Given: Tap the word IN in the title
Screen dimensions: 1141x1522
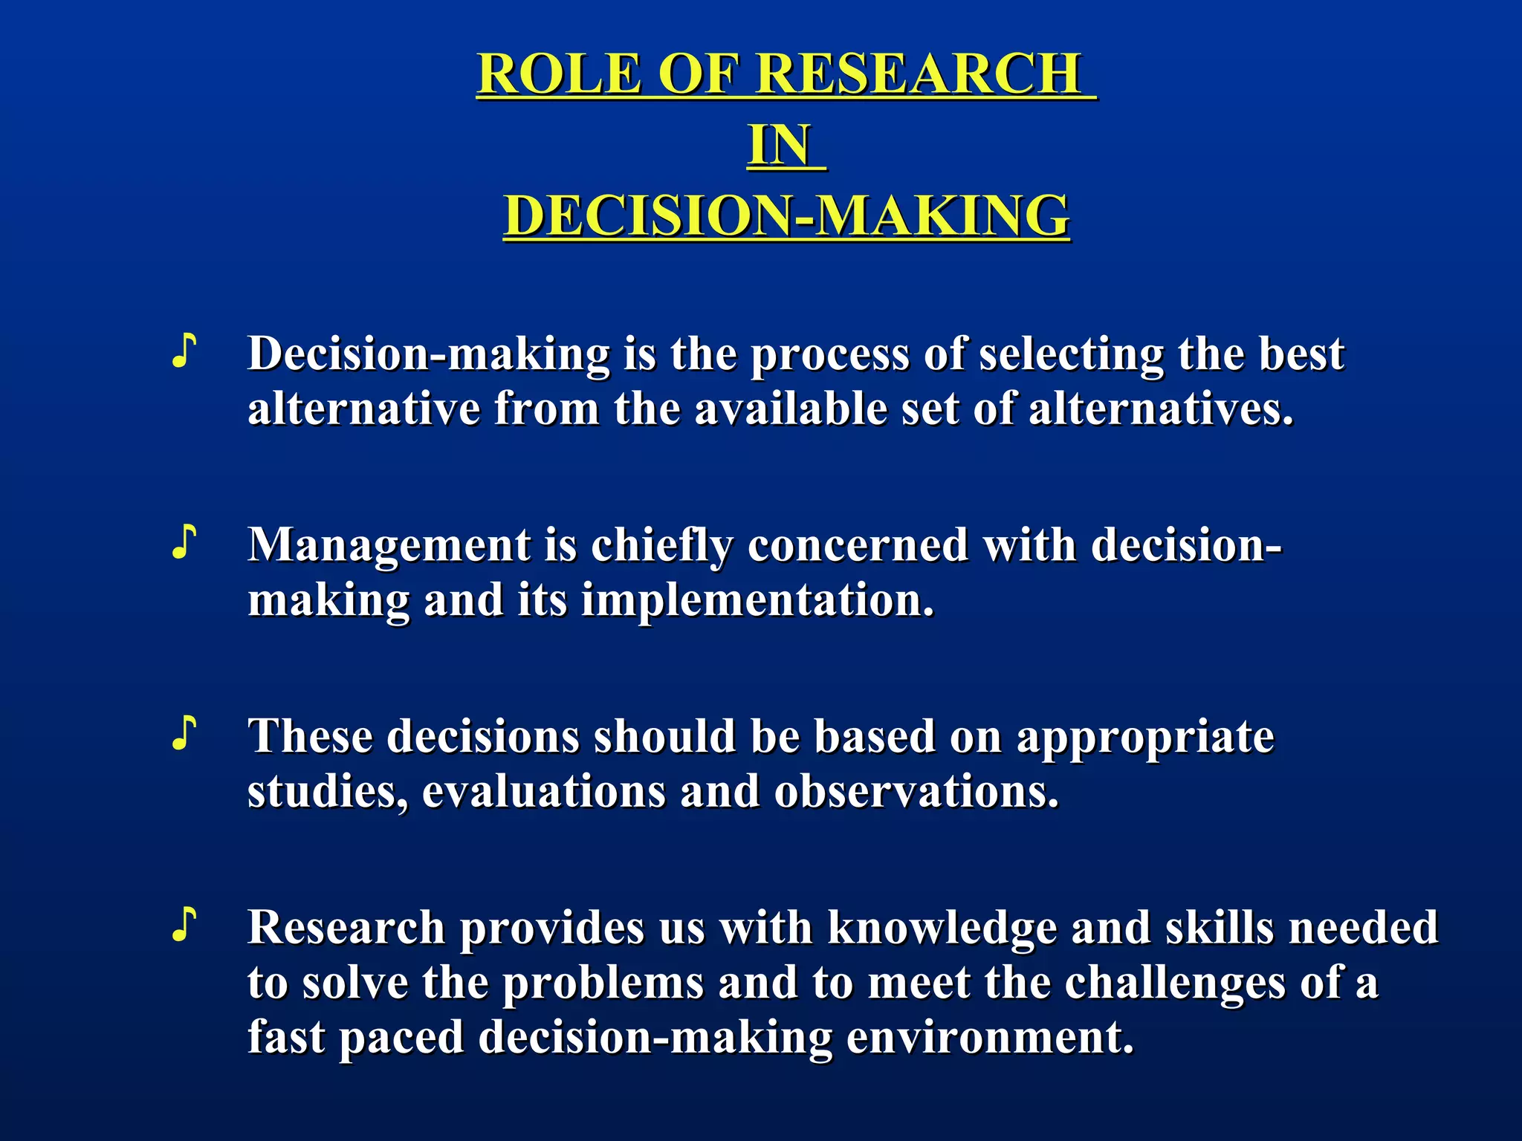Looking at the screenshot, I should (779, 145).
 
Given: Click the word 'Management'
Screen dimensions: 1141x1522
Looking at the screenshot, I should (389, 546).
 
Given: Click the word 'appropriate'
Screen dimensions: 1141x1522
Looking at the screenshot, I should (1145, 737).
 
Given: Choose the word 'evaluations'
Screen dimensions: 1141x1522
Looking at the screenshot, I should (543, 791).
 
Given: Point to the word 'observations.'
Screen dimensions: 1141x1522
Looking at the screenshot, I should (916, 791).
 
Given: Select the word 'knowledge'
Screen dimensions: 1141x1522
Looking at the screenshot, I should (942, 929).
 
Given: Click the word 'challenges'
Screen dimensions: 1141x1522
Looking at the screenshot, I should (1174, 983).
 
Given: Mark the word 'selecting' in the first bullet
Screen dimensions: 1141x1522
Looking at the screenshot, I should (1071, 354).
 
